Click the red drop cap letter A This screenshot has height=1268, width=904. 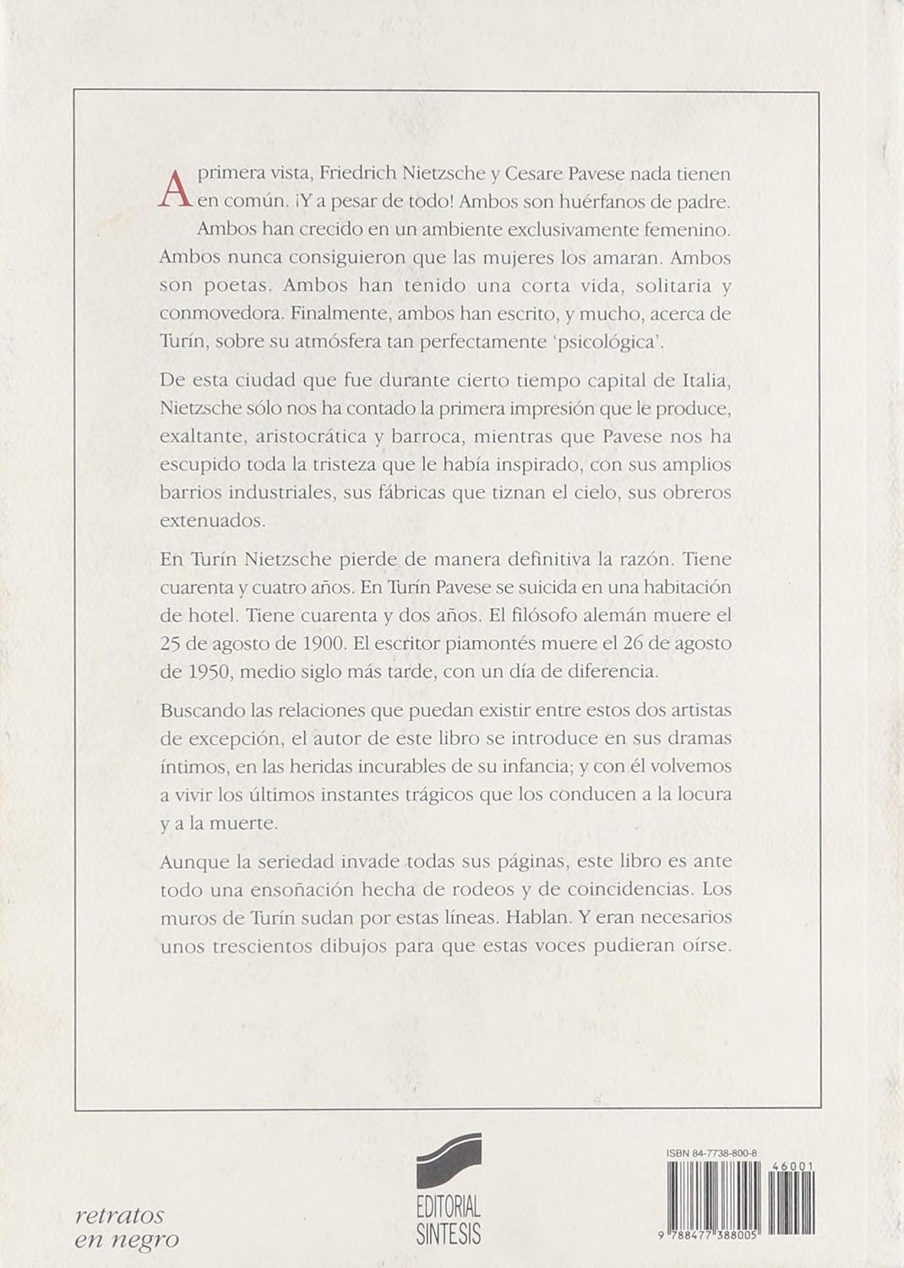(174, 188)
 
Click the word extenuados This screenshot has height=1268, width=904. (212, 521)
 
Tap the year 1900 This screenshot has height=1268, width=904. (320, 642)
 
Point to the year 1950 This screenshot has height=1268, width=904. (203, 671)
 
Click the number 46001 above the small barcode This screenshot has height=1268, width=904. (793, 1166)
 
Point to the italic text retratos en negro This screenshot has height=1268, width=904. (127, 1227)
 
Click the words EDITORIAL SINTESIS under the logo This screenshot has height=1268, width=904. (449, 1220)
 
